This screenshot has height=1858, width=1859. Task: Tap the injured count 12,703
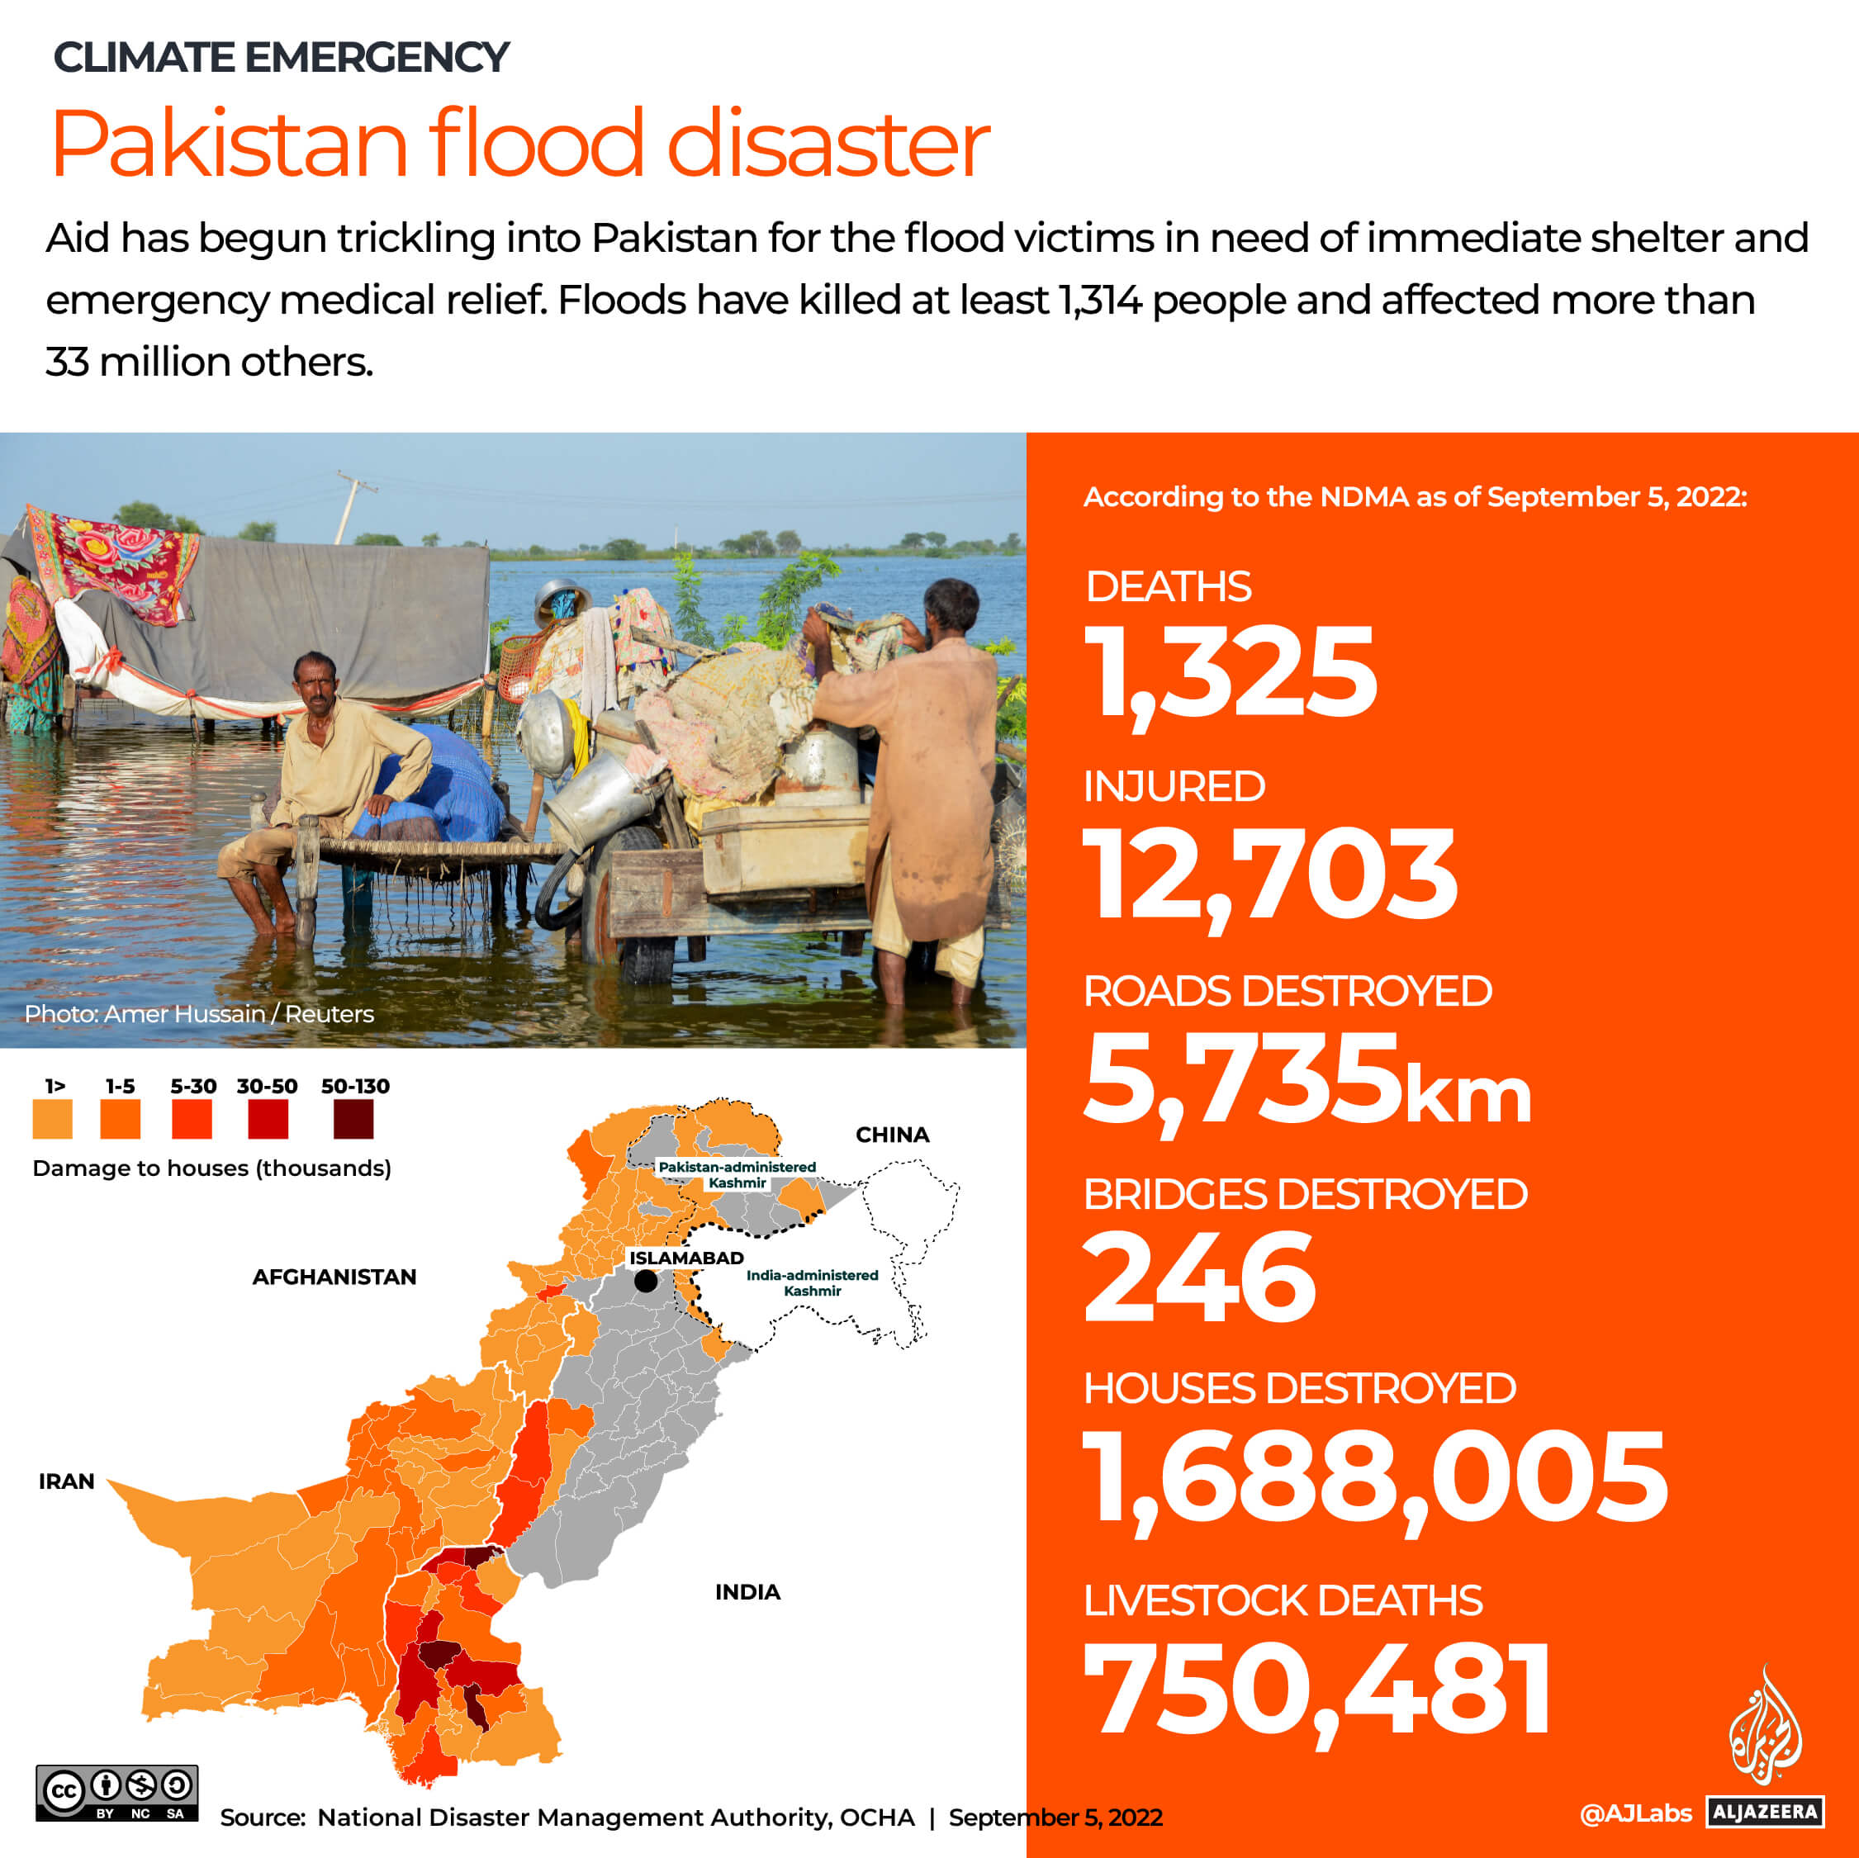point(1269,874)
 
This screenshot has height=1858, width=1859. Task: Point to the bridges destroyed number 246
point(1199,1279)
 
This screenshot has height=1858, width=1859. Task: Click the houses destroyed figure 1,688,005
point(1375,1478)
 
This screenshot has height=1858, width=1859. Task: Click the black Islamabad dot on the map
point(646,1281)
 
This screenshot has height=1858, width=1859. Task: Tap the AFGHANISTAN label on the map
point(334,1277)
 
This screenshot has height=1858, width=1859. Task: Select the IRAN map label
point(66,1481)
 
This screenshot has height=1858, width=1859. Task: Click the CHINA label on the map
point(892,1135)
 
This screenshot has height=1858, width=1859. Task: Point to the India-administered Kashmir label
point(812,1282)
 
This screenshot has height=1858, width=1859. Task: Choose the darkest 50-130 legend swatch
point(353,1119)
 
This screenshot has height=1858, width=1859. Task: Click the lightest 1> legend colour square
point(53,1119)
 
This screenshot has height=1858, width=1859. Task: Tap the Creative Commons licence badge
point(116,1793)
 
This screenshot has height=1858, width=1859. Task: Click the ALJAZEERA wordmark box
point(1766,1812)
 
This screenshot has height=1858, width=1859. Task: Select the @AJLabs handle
point(1635,1813)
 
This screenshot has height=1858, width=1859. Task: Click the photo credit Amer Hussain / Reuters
point(199,1013)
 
